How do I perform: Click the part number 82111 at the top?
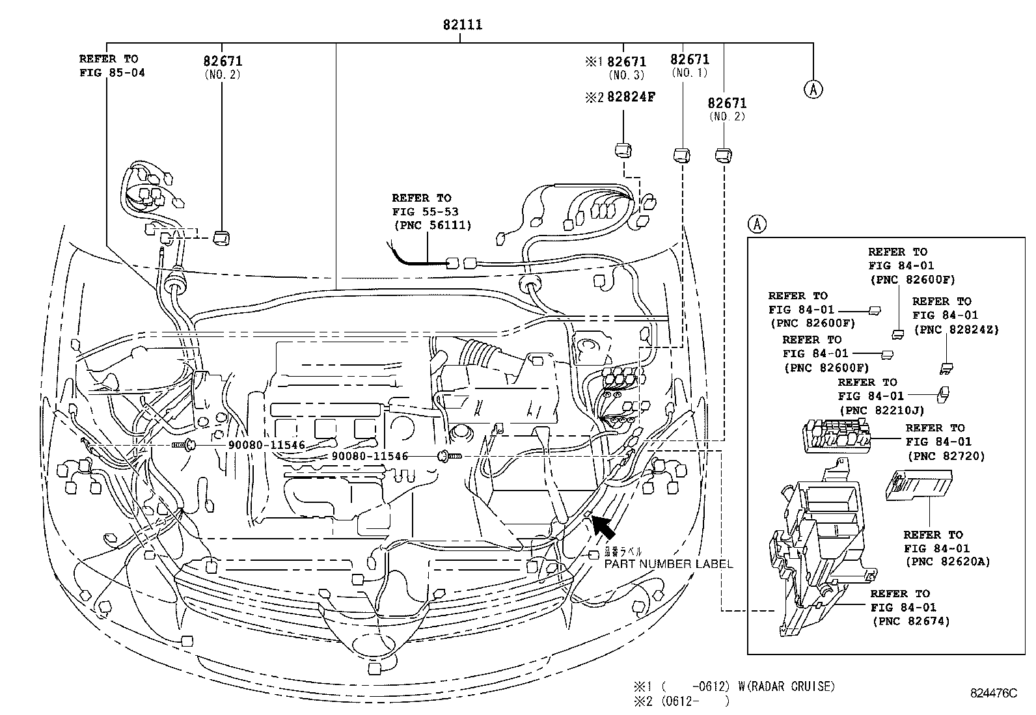coord(462,25)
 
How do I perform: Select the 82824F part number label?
coord(628,97)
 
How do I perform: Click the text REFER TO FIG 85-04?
coord(112,66)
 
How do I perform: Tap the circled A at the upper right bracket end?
coord(813,88)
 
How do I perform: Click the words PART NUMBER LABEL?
coord(668,564)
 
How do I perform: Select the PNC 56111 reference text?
coord(432,225)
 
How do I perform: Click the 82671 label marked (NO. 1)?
coord(690,60)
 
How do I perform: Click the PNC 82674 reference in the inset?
coord(911,621)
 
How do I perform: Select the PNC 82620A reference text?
coord(947,561)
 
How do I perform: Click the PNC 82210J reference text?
coord(881,411)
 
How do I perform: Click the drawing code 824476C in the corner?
coord(992,694)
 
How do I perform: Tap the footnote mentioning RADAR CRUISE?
coord(735,686)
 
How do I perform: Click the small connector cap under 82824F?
coord(623,150)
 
